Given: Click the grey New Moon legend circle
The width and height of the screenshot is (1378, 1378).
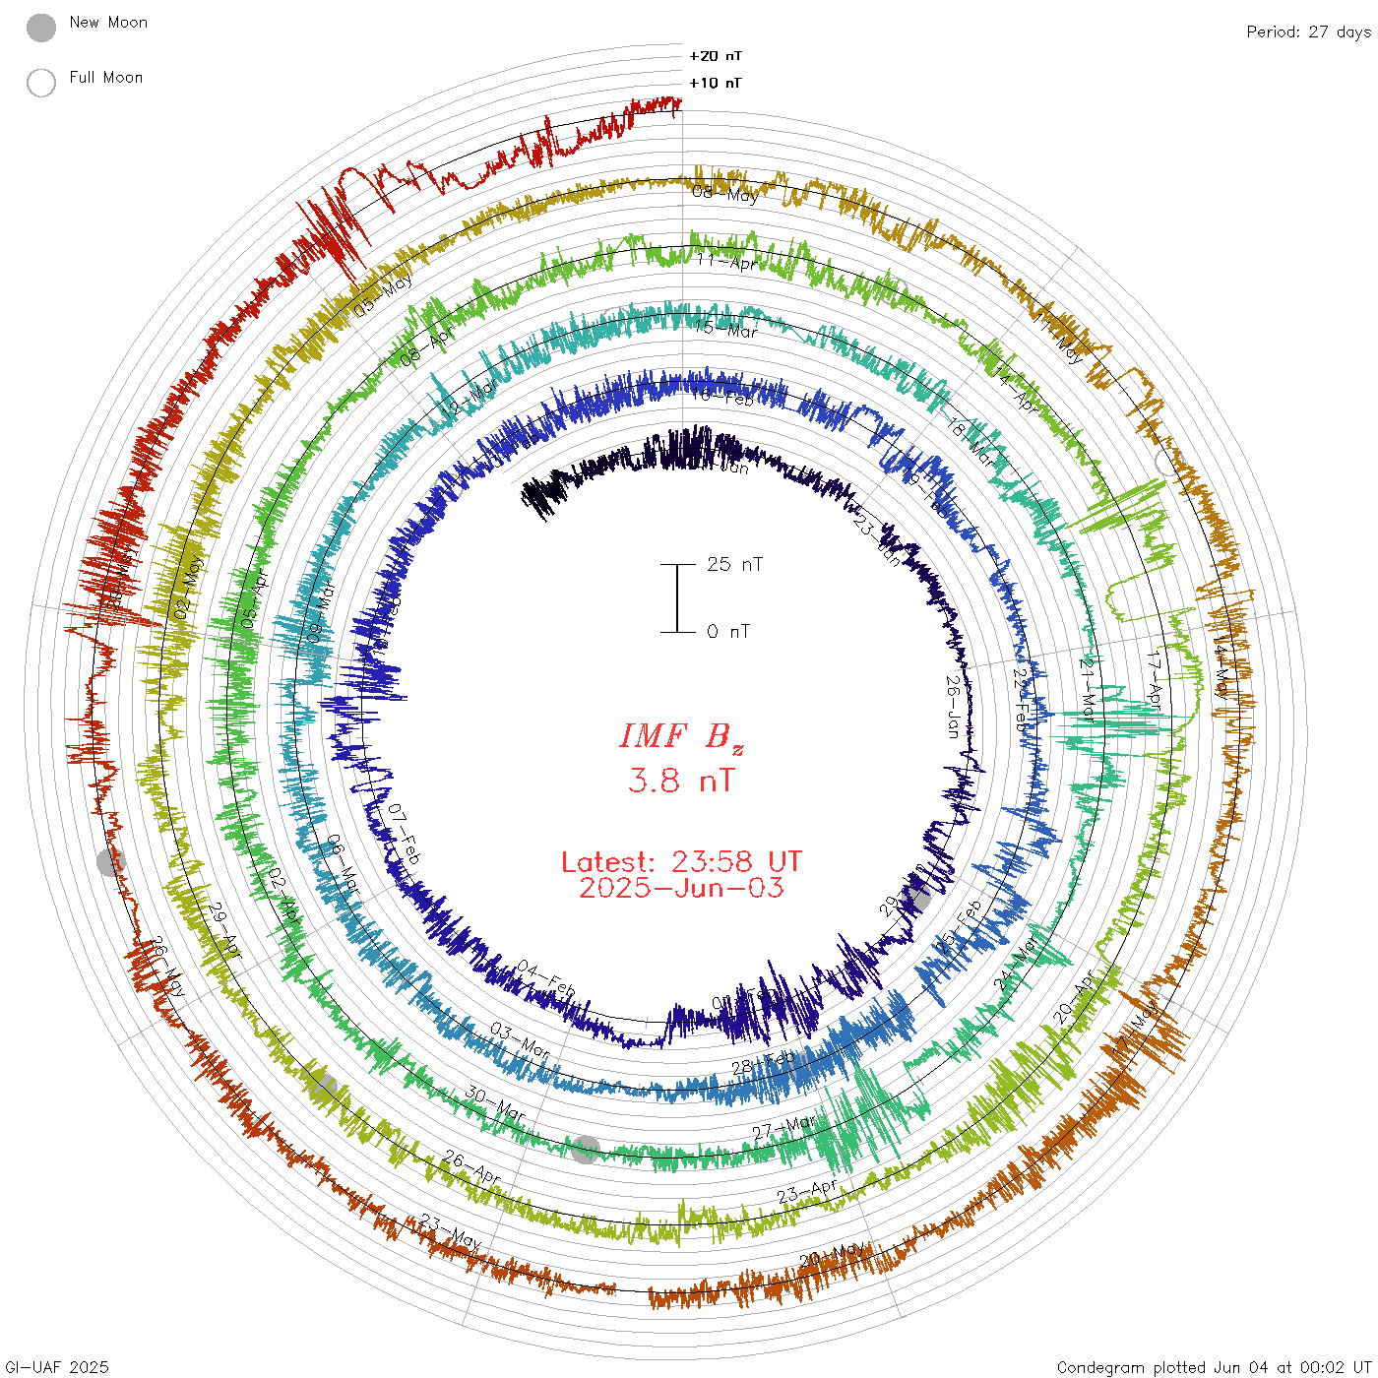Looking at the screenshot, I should (41, 28).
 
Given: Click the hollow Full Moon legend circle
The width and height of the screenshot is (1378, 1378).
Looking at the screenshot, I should (41, 83).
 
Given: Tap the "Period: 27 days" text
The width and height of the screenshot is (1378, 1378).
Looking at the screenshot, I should (1308, 31).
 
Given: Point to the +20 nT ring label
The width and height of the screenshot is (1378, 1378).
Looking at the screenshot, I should (716, 56).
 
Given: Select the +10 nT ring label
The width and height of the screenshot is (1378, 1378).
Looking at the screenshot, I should (716, 83).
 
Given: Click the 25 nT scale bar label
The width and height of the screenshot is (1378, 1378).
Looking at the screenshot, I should (734, 564).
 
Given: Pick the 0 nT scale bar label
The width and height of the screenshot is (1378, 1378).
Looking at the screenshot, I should (728, 631).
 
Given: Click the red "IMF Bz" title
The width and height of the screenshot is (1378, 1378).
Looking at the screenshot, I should (681, 736).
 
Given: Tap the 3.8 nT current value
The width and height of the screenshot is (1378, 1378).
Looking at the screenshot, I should (681, 781).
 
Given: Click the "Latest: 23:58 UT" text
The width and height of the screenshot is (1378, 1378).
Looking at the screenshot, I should (681, 862).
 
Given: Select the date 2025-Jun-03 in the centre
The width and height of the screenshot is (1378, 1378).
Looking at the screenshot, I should (681, 888).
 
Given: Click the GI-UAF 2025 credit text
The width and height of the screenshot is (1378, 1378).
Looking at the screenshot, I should (57, 1367).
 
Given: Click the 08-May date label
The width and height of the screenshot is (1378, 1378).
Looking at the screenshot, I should (725, 193).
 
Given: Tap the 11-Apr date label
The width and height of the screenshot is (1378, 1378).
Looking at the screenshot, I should (726, 262).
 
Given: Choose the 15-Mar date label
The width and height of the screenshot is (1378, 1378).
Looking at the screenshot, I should (726, 329).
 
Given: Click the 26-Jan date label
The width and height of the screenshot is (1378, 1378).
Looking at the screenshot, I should (952, 706).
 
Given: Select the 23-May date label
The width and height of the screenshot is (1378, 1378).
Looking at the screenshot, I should (450, 1232).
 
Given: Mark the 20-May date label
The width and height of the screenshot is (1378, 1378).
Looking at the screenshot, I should (832, 1257).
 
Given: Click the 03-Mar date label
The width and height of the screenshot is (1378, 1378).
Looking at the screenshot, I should (521, 1039).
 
